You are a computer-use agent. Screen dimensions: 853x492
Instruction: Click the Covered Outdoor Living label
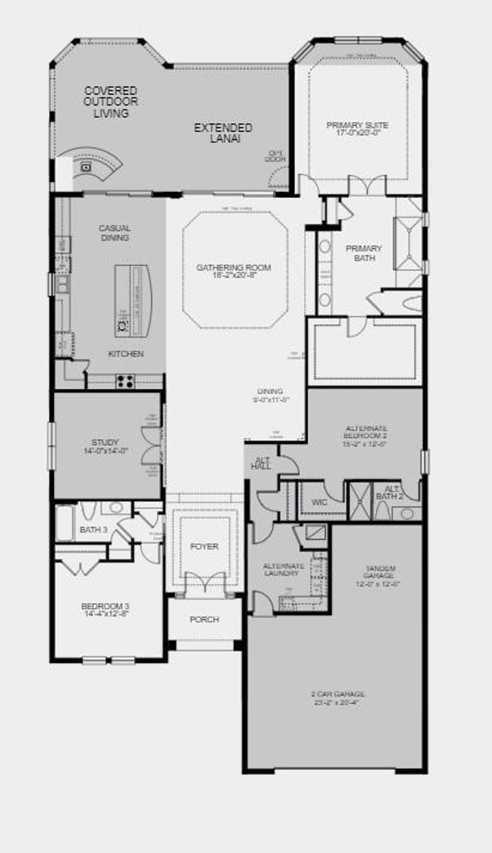tap(111, 102)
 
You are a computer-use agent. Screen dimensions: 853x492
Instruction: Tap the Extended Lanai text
tap(223, 133)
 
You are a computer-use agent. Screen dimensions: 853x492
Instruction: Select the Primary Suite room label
tap(357, 126)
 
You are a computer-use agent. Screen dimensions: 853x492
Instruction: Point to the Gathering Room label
tap(234, 268)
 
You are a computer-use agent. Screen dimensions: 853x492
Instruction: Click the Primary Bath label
tap(364, 253)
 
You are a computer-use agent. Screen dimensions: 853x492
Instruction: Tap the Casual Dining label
tap(114, 233)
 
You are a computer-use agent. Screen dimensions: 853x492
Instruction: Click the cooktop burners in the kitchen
tap(125, 382)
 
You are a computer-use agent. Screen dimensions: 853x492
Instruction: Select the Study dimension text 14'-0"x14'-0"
tap(105, 451)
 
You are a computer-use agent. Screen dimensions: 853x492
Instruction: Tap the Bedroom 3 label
tap(105, 607)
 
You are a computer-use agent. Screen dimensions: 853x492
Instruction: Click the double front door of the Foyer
tap(205, 582)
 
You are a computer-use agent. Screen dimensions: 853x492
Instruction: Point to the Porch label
tap(204, 620)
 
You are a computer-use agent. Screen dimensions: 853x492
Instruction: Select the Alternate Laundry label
tap(283, 570)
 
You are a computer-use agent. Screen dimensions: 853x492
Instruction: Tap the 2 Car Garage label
tap(337, 695)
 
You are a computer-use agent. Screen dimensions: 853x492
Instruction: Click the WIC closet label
tap(320, 502)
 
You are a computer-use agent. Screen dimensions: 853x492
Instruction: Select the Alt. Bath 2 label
tap(389, 493)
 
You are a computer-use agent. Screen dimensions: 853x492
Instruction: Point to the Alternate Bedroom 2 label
tap(366, 432)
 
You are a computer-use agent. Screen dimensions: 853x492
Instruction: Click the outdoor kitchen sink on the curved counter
tap(86, 167)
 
